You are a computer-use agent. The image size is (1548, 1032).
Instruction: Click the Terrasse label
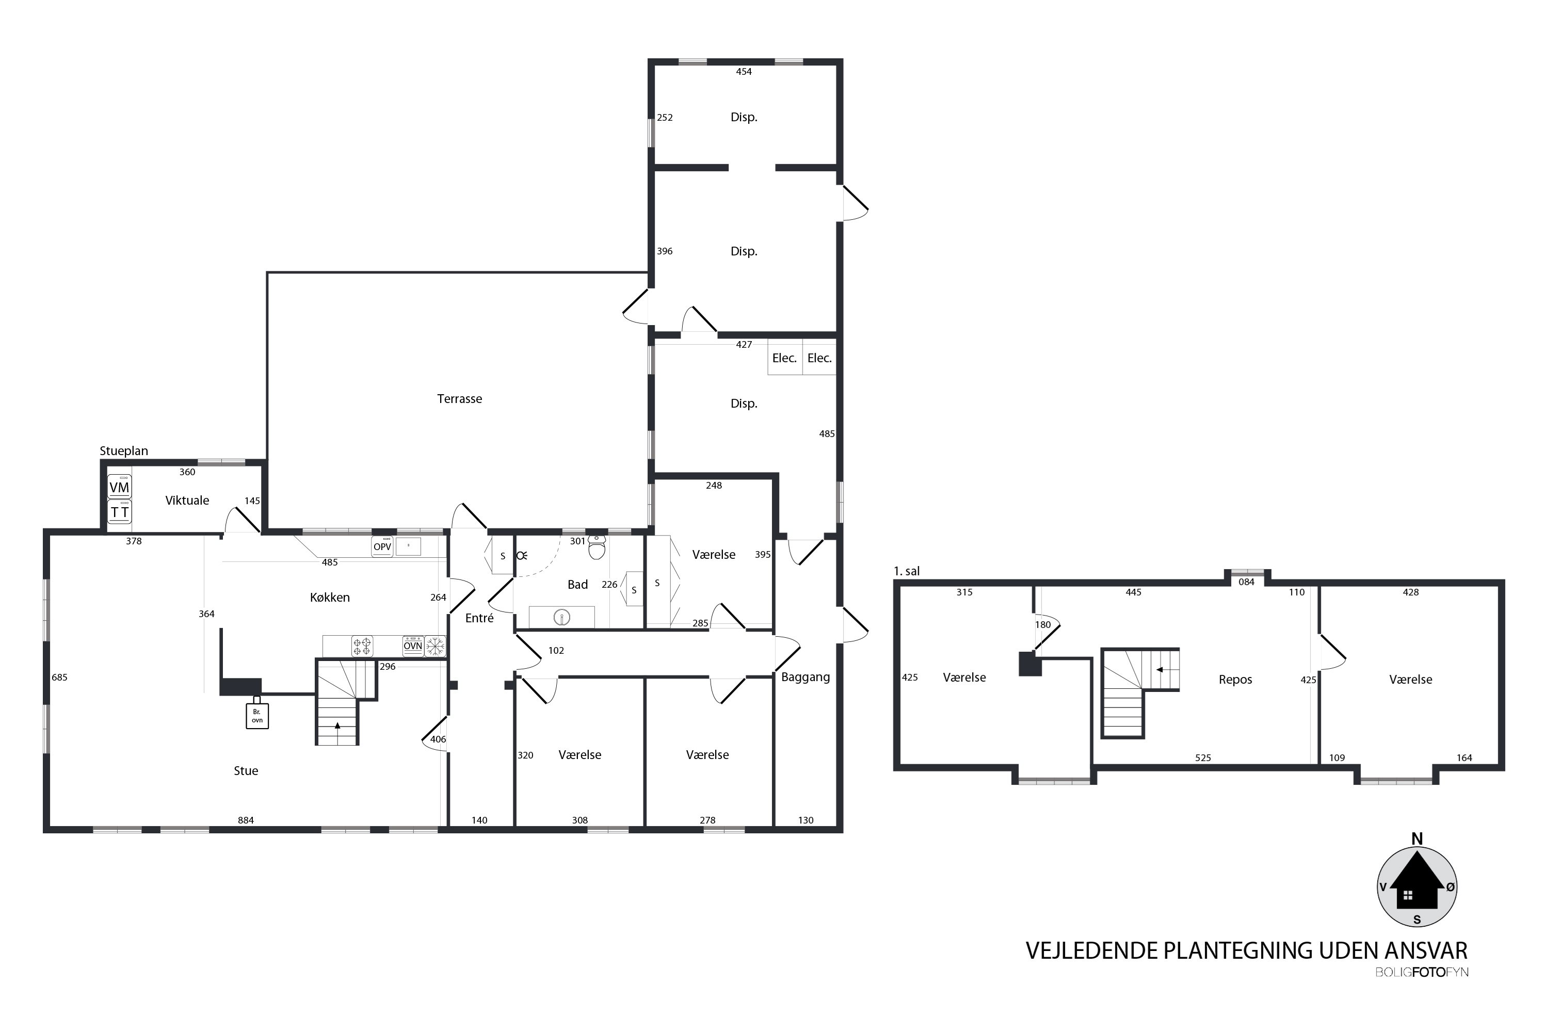459,399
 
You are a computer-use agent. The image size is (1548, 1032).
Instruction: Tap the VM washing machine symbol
119,487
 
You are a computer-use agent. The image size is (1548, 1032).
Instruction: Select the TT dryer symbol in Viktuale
119,511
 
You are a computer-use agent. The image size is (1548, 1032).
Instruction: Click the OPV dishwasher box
382,547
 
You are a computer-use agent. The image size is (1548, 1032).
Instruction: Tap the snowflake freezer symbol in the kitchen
435,647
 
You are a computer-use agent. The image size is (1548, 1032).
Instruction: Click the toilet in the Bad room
597,547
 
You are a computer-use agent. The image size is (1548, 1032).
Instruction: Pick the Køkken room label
330,598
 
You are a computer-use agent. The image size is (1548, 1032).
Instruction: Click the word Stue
246,771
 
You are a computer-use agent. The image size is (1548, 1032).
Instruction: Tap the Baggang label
805,677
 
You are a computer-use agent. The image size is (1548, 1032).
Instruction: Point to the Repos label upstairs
1235,680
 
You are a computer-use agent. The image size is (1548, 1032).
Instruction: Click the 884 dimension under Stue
246,820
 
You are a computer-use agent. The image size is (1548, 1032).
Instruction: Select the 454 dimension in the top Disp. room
744,72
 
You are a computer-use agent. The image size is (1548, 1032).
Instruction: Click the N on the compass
1417,839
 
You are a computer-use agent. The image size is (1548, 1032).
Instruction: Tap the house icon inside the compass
1417,887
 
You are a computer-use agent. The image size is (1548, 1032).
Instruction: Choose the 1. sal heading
906,571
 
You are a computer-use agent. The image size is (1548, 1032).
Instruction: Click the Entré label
479,618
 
